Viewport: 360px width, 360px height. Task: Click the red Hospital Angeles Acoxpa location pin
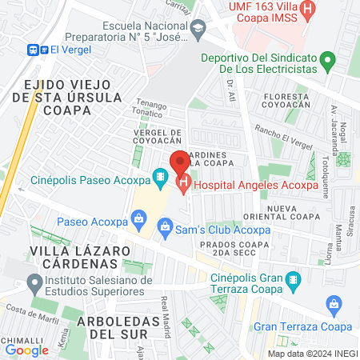(x=179, y=162)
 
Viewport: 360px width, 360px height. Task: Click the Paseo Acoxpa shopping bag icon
(x=139, y=216)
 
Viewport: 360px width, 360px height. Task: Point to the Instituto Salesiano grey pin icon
(x=34, y=282)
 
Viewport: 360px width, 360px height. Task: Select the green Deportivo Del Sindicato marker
(x=326, y=59)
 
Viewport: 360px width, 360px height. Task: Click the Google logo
(x=26, y=350)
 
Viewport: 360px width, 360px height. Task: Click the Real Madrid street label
(x=166, y=307)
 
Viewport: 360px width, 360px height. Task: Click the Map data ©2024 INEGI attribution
(x=312, y=353)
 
